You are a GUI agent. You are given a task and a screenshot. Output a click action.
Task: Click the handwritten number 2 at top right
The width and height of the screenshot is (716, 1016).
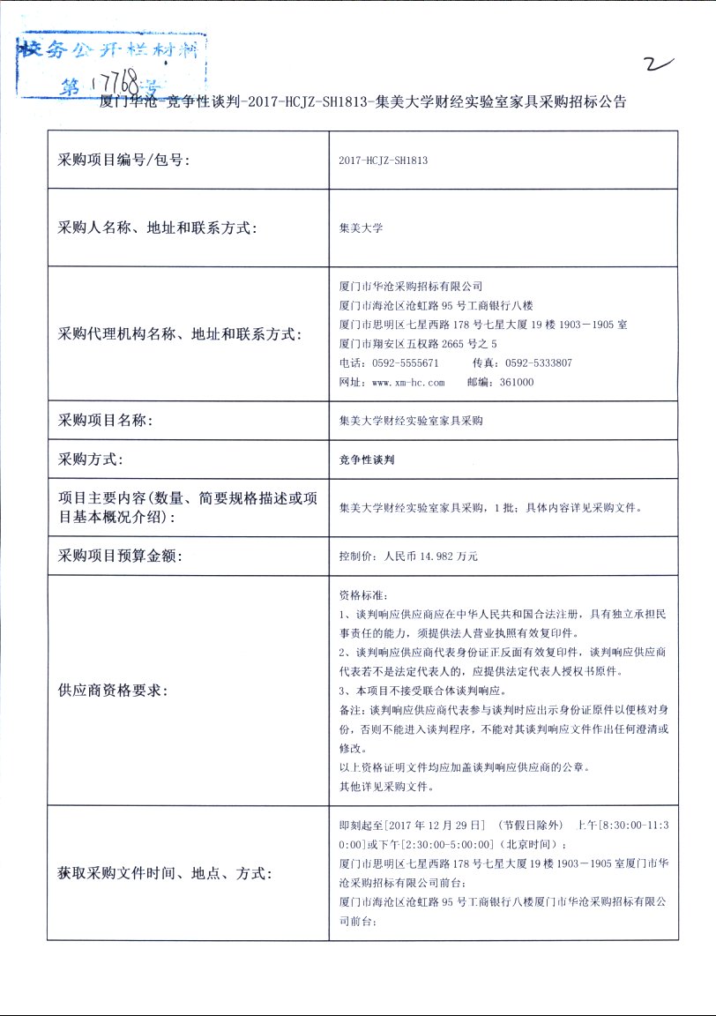click(x=659, y=63)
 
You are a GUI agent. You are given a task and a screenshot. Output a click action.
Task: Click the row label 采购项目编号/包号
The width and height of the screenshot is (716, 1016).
click(x=123, y=160)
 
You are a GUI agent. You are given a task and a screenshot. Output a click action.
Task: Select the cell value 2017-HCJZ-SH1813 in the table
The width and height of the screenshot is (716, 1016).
click(x=384, y=161)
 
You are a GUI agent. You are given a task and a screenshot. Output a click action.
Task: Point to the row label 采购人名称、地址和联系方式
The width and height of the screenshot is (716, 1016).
click(x=157, y=228)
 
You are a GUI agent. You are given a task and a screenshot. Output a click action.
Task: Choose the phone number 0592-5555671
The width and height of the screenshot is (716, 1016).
click(x=401, y=362)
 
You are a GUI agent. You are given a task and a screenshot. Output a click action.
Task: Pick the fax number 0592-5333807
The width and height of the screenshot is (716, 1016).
click(x=534, y=362)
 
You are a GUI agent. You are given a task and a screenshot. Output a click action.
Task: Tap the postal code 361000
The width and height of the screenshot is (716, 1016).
click(x=516, y=382)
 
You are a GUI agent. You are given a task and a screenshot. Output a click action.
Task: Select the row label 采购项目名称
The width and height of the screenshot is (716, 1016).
click(x=106, y=421)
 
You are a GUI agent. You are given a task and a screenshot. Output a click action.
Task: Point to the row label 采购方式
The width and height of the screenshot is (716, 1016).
click(x=91, y=459)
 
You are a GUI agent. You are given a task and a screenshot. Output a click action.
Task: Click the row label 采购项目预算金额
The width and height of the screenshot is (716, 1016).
click(x=120, y=557)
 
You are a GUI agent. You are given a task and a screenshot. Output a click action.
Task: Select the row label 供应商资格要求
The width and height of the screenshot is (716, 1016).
click(x=112, y=690)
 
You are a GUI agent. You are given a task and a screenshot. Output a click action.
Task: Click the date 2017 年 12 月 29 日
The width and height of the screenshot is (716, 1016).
click(x=414, y=825)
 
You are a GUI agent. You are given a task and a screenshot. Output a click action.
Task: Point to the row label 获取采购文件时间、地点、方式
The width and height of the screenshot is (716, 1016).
click(x=166, y=873)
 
